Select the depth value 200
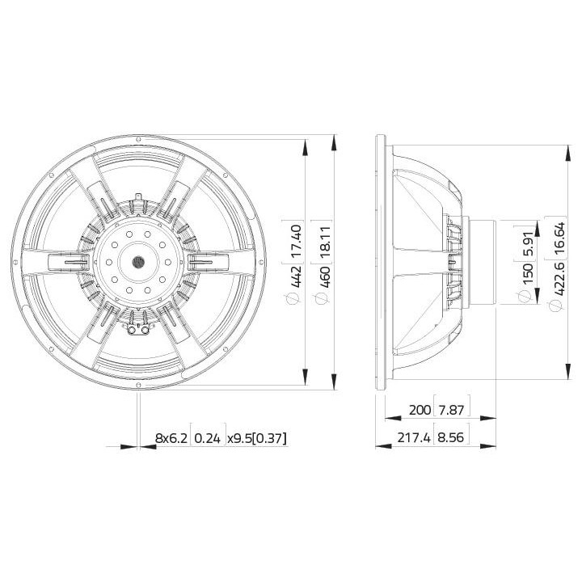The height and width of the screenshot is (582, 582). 420,411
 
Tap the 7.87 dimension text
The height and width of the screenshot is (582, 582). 453,411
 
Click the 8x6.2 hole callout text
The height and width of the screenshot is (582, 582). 171,438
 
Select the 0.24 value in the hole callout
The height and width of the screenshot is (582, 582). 208,438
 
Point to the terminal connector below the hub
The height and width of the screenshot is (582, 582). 137,327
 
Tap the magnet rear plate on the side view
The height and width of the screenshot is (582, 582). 483,263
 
